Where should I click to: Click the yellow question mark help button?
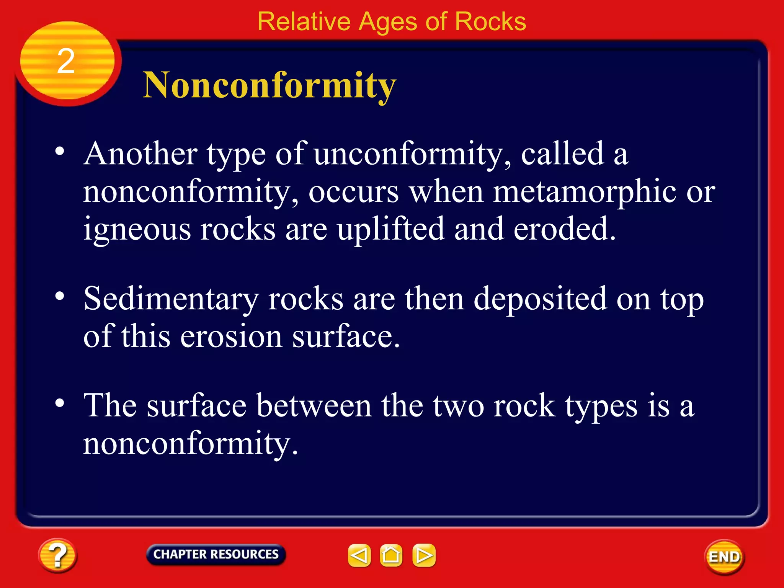coord(57,555)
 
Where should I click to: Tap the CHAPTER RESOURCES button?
coord(216,554)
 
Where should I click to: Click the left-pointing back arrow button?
coord(359,555)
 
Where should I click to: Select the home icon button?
coord(391,555)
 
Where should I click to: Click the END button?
coord(724,557)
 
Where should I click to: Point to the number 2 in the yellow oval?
coord(66,61)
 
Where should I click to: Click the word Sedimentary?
coord(171,299)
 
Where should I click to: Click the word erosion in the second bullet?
coord(231,336)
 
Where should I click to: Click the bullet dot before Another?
coord(59,151)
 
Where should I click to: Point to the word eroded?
coord(564,229)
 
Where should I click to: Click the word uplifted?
coord(391,229)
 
